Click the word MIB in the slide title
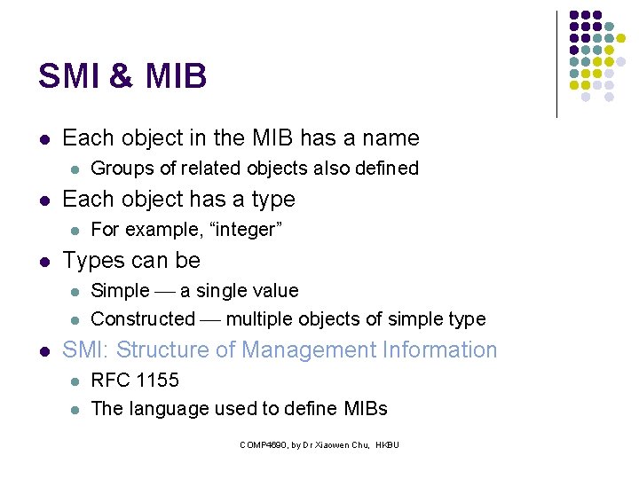tap(173, 76)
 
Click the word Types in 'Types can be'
tap(91, 261)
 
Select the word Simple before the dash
tap(121, 291)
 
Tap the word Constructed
tap(143, 318)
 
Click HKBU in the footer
tap(388, 444)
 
